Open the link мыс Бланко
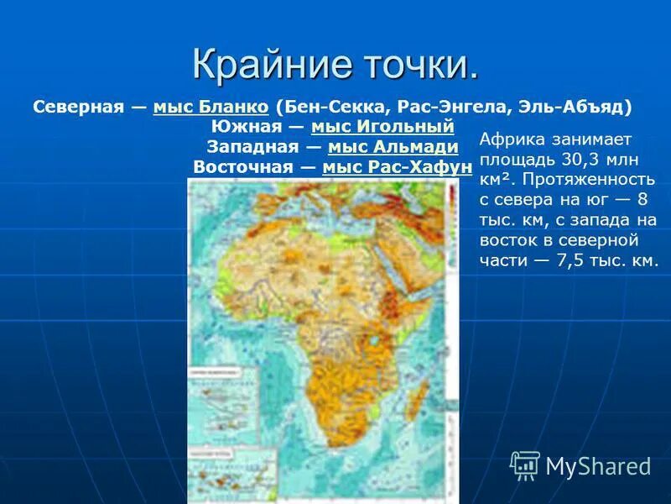click(211, 108)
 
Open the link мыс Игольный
click(382, 127)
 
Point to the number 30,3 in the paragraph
click(574, 159)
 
